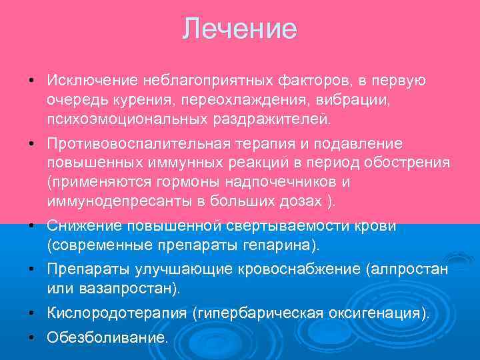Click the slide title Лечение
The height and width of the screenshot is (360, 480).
pos(239,29)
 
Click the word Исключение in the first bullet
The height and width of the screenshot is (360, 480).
pos(91,81)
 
